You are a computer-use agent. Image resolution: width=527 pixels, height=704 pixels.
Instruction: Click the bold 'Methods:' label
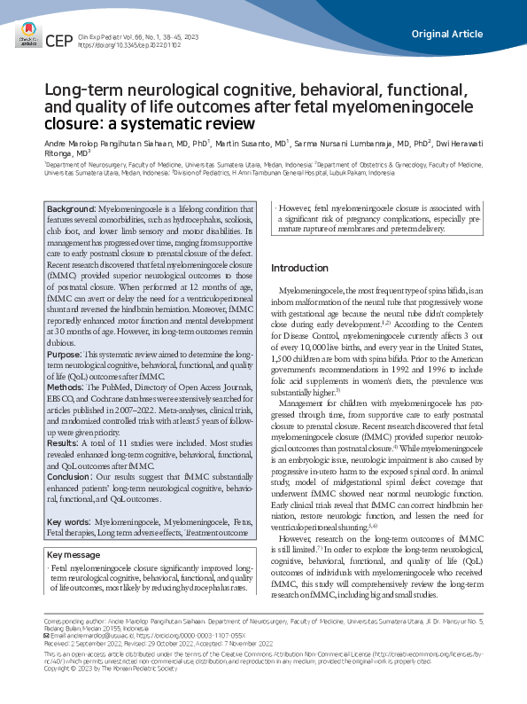[x=68, y=387]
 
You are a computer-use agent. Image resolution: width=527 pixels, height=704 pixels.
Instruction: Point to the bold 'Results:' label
[x=66, y=442]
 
